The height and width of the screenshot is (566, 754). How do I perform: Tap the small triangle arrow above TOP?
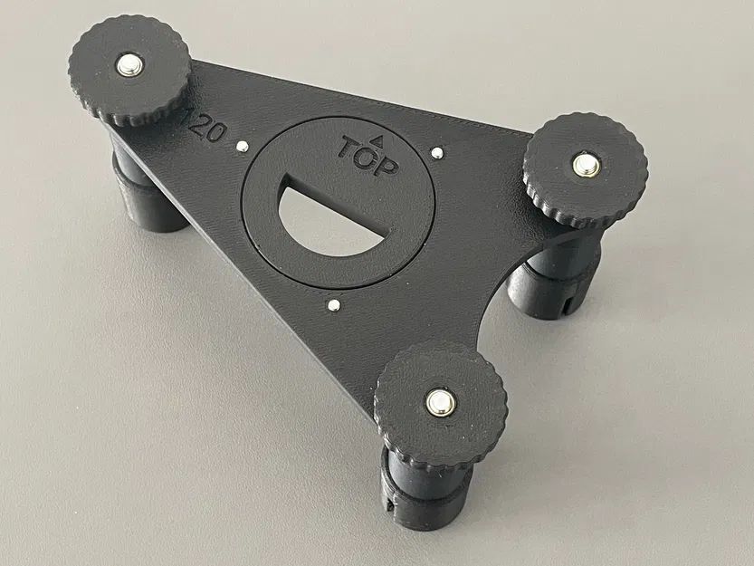(x=380, y=140)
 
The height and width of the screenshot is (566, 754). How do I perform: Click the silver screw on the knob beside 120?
(x=129, y=65)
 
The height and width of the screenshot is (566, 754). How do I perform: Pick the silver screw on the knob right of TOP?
(x=585, y=165)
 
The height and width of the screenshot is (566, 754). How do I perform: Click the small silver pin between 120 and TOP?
(x=242, y=146)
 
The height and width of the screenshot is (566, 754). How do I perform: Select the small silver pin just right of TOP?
(x=437, y=153)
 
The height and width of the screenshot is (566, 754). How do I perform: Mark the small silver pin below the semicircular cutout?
(x=334, y=306)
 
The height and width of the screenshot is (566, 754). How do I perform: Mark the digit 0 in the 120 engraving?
(x=215, y=132)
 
